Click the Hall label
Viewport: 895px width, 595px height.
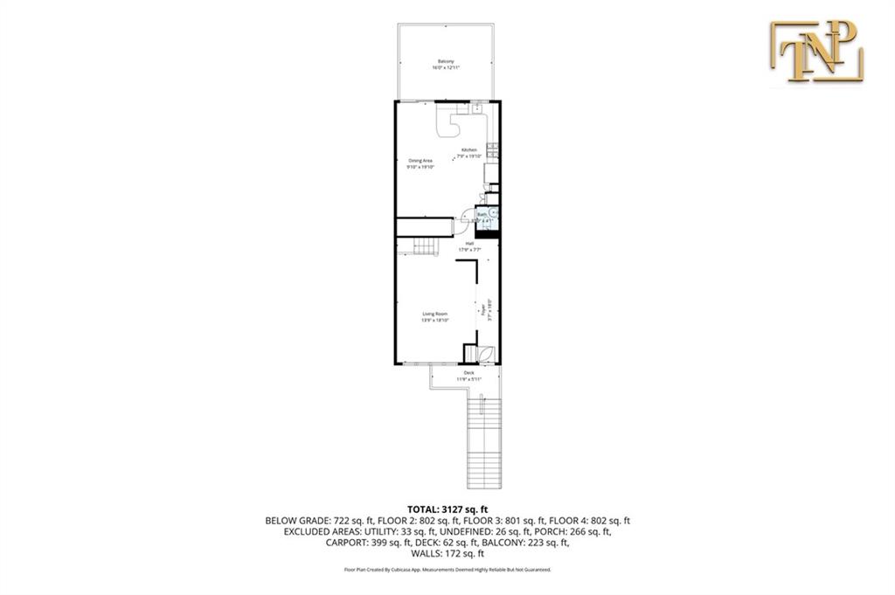(469, 246)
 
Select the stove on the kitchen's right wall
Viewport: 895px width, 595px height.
(493, 152)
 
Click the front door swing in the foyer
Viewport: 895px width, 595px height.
(485, 353)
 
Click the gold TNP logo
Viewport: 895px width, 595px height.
(816, 52)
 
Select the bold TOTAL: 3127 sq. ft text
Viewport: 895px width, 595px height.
(447, 509)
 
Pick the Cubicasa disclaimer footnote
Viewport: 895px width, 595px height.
(447, 569)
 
